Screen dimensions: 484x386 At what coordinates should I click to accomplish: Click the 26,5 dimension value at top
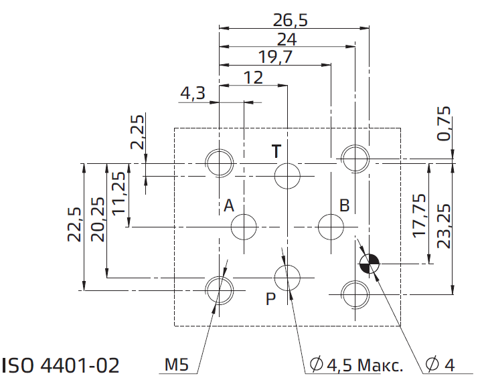pyautogui.click(x=291, y=20)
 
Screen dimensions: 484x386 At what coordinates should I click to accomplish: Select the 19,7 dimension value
pyautogui.click(x=275, y=57)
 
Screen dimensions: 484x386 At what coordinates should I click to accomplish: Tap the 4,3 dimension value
pyautogui.click(x=193, y=93)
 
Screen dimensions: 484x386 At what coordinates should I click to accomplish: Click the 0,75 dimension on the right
pyautogui.click(x=445, y=123)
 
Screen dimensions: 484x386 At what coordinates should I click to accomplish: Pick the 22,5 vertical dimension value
pyautogui.click(x=74, y=224)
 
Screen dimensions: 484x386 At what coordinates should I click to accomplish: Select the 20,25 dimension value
pyautogui.click(x=98, y=219)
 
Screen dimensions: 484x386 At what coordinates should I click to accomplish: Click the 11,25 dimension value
pyautogui.click(x=118, y=192)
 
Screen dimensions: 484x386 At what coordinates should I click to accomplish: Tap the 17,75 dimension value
pyautogui.click(x=420, y=215)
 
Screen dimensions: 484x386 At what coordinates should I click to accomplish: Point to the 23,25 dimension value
pyautogui.click(x=445, y=226)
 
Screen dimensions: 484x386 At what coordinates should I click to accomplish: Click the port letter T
pyautogui.click(x=276, y=151)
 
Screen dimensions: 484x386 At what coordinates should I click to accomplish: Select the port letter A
pyautogui.click(x=229, y=205)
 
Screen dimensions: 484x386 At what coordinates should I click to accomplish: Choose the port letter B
pyautogui.click(x=345, y=205)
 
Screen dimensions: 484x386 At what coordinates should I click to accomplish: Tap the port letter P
pyautogui.click(x=270, y=298)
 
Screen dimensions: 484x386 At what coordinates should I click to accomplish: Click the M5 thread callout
pyautogui.click(x=177, y=365)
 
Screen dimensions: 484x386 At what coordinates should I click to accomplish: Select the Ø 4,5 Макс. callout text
pyautogui.click(x=357, y=365)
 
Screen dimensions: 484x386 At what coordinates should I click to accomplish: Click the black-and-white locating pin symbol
pyautogui.click(x=369, y=264)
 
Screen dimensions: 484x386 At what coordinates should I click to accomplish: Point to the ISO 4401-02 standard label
pyautogui.click(x=61, y=365)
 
